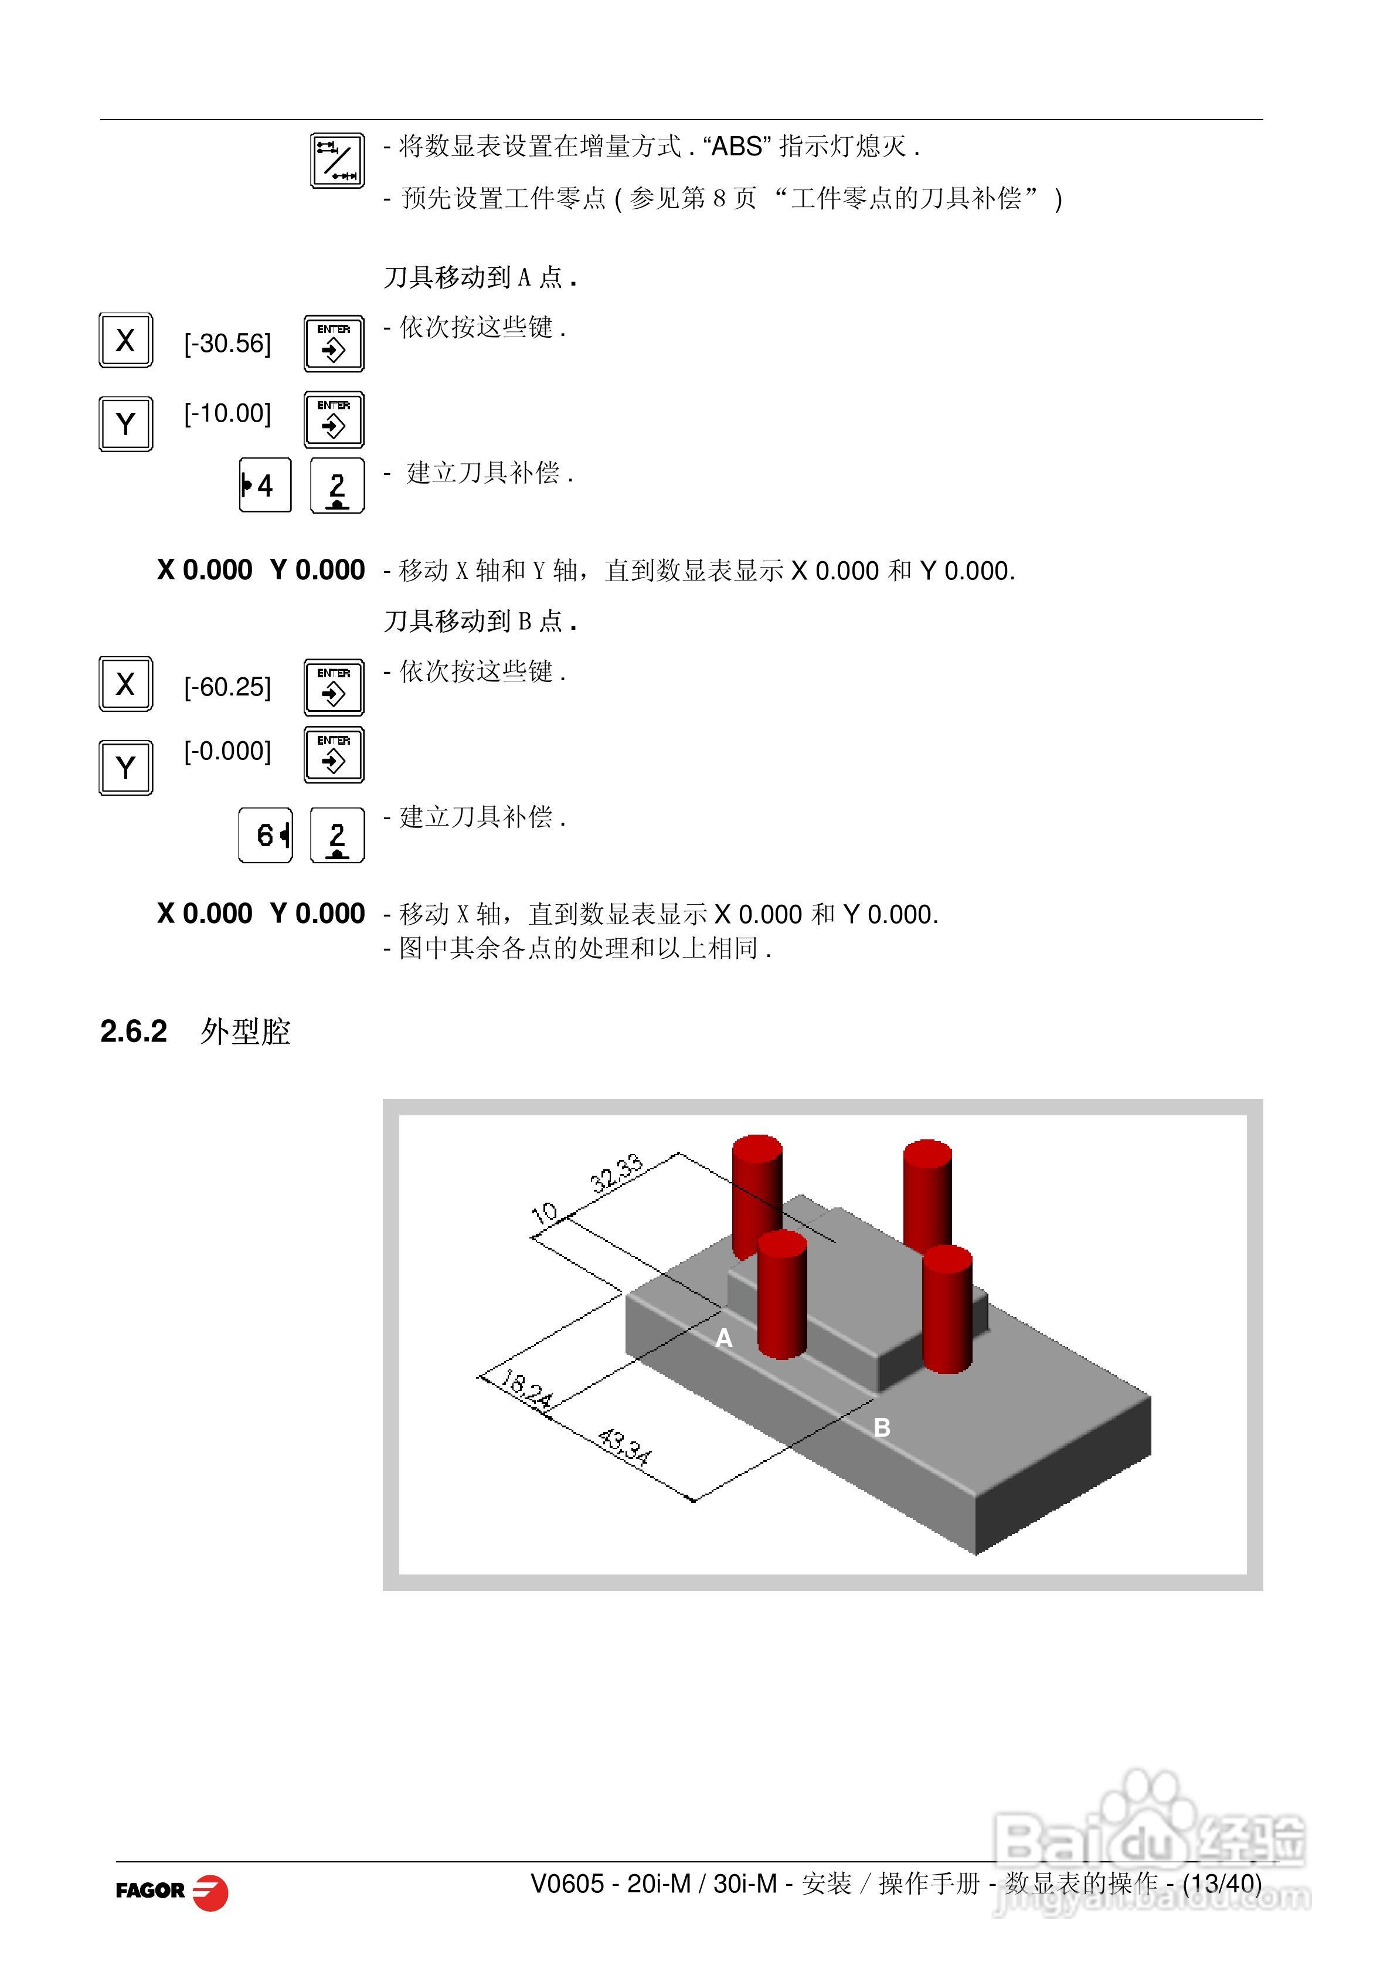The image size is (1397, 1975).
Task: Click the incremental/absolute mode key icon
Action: point(337,161)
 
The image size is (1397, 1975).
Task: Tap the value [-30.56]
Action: point(227,344)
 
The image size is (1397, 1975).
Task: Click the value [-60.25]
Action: point(227,687)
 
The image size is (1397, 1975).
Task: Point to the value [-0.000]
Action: point(227,751)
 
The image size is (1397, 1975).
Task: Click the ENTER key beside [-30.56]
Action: point(334,344)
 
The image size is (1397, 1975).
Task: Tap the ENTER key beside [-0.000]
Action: point(334,755)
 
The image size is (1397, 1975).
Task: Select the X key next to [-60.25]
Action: point(125,684)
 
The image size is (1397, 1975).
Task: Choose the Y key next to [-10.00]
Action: point(125,423)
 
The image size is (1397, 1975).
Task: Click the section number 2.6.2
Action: point(133,1031)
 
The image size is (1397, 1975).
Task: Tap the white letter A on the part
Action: point(723,1338)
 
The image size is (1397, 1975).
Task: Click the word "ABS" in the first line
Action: point(736,147)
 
